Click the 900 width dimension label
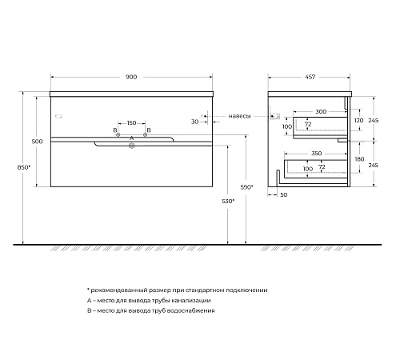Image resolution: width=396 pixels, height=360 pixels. (x=131, y=77)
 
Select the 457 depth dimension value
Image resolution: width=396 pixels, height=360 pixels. (x=310, y=77)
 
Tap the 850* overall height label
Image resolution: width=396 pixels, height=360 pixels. (x=24, y=167)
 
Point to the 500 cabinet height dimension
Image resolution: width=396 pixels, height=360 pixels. (x=37, y=142)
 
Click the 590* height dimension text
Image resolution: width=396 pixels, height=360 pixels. (x=246, y=187)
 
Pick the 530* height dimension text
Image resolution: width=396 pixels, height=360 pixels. (x=228, y=202)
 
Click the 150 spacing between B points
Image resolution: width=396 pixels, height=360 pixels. (x=131, y=123)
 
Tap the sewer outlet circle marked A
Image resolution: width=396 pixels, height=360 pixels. (x=131, y=146)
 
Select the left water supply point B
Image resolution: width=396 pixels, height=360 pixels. (x=118, y=135)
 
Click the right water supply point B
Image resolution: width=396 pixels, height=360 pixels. (x=145, y=135)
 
